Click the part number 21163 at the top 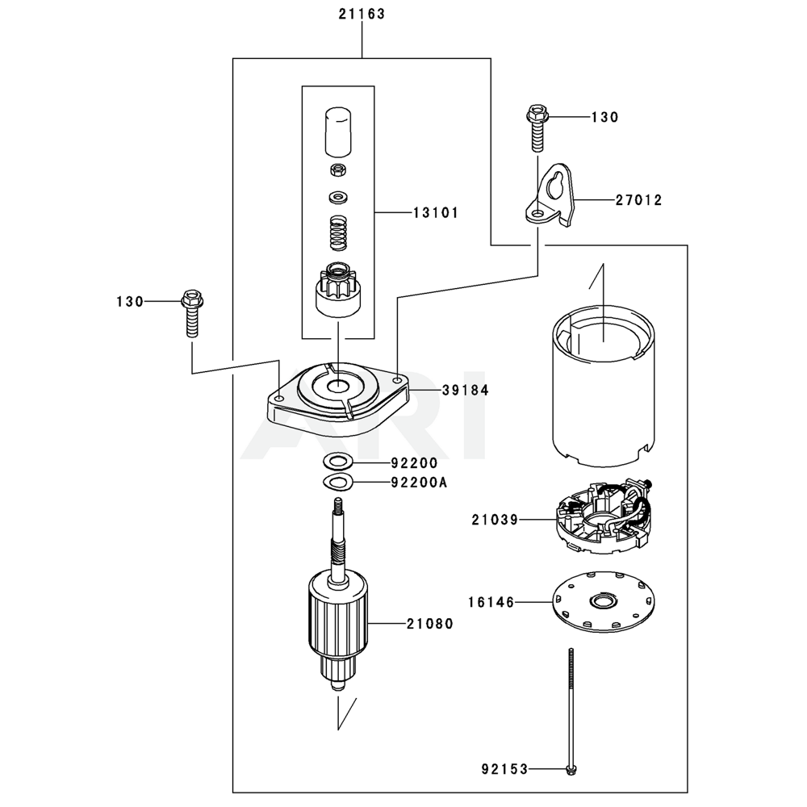362,15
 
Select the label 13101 435,213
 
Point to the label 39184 465,390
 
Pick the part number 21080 429,623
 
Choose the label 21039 495,521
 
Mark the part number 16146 491,602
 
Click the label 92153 506,769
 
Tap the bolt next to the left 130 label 191,313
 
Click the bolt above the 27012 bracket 536,128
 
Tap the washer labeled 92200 337,462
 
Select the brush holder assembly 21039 604,518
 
